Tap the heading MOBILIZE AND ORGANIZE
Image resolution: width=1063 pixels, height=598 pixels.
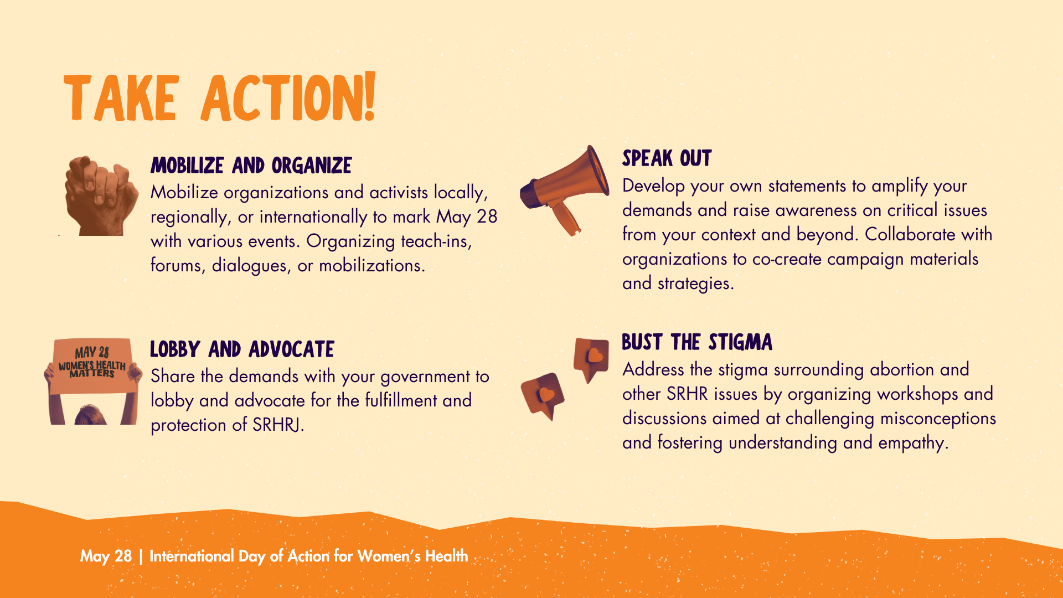pyautogui.click(x=251, y=166)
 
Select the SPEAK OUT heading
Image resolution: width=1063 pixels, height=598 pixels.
pyautogui.click(x=667, y=158)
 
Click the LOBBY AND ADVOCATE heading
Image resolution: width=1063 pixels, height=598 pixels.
pyautogui.click(x=242, y=349)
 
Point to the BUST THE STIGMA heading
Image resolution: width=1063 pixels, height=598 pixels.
pyautogui.click(x=697, y=342)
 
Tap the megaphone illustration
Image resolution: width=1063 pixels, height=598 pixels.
pyautogui.click(x=565, y=190)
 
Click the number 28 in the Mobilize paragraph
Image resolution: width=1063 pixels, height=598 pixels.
pyautogui.click(x=487, y=216)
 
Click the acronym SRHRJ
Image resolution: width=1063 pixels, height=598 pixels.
pyautogui.click(x=278, y=425)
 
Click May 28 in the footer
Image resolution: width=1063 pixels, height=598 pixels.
pyautogui.click(x=106, y=556)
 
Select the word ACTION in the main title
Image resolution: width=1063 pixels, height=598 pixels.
pyautogui.click(x=281, y=98)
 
